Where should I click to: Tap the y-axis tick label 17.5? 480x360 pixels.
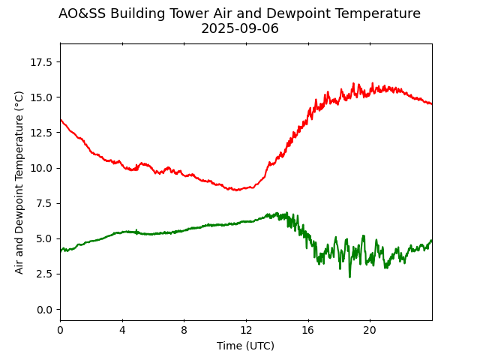[42, 61]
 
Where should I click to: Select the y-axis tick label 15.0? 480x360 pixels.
[42, 97]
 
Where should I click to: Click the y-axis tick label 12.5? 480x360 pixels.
[42, 133]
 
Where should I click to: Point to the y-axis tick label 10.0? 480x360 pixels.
[42, 168]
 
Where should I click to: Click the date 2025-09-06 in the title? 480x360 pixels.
[239, 28]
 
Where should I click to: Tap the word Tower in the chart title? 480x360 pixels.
[187, 13]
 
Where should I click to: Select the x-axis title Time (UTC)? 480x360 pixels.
[245, 346]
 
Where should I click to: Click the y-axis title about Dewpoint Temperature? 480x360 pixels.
[19, 182]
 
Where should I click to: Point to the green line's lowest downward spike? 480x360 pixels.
[349, 277]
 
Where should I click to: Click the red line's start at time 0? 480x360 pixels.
[61, 119]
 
